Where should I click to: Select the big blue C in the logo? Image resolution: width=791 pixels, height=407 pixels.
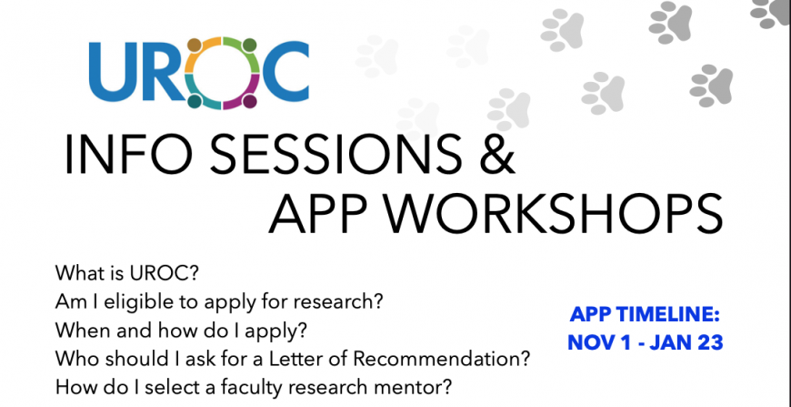[285, 71]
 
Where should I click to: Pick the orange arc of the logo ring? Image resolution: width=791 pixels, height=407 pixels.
[201, 53]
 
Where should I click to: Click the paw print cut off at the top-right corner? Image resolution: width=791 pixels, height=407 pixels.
[772, 12]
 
